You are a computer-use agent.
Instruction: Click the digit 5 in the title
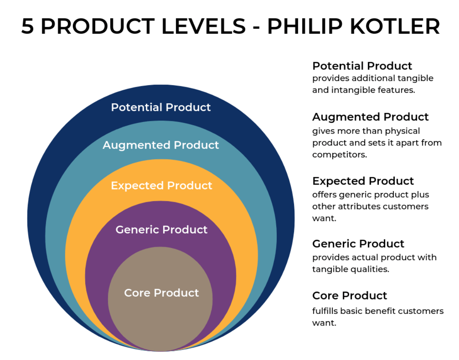[28, 26]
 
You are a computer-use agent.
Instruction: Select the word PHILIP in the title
[305, 26]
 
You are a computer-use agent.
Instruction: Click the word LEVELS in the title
[203, 26]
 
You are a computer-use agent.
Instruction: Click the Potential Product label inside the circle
[161, 107]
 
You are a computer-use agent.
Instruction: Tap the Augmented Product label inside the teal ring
[161, 145]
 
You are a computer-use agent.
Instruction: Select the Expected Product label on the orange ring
[162, 186]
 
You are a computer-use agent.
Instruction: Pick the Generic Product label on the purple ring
[162, 230]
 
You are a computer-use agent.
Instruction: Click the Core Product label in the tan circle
[162, 293]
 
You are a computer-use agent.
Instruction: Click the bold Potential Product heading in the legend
[362, 66]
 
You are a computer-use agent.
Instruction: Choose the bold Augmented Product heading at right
[370, 117]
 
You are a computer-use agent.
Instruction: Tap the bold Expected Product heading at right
[363, 181]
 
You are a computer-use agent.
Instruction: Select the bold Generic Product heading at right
[358, 244]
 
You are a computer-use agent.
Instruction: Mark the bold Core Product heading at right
[350, 296]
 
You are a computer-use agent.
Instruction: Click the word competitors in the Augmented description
[340, 155]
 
